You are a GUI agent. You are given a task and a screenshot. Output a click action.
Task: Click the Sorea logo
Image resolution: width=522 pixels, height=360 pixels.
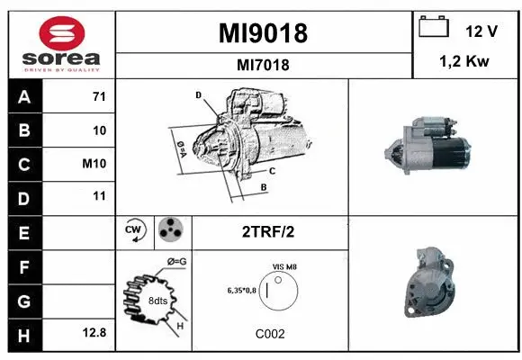[x=62, y=45]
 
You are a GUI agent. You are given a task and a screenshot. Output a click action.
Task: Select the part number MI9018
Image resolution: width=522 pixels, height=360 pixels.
[x=263, y=33]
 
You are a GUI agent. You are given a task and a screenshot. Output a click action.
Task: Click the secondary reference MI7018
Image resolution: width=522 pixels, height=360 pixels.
[x=263, y=65]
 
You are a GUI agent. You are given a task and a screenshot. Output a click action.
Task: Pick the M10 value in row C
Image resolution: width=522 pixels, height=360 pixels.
[x=95, y=164]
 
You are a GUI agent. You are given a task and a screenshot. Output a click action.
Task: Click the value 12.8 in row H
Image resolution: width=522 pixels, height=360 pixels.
[x=94, y=332]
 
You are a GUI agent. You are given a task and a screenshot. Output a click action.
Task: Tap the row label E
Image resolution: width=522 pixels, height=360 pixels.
[x=23, y=231]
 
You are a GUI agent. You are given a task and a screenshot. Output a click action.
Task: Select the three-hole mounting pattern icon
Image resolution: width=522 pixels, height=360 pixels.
[x=169, y=231]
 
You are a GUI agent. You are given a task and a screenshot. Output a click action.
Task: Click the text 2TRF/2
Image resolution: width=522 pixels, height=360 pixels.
[x=267, y=231]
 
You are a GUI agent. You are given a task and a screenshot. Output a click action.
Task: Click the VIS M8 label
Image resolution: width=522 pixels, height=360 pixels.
[x=283, y=267]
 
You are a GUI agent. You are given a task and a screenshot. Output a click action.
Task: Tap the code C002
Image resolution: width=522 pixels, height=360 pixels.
[x=270, y=333]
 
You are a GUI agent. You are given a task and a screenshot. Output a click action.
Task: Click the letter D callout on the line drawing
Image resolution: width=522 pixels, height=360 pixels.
[x=197, y=94]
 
